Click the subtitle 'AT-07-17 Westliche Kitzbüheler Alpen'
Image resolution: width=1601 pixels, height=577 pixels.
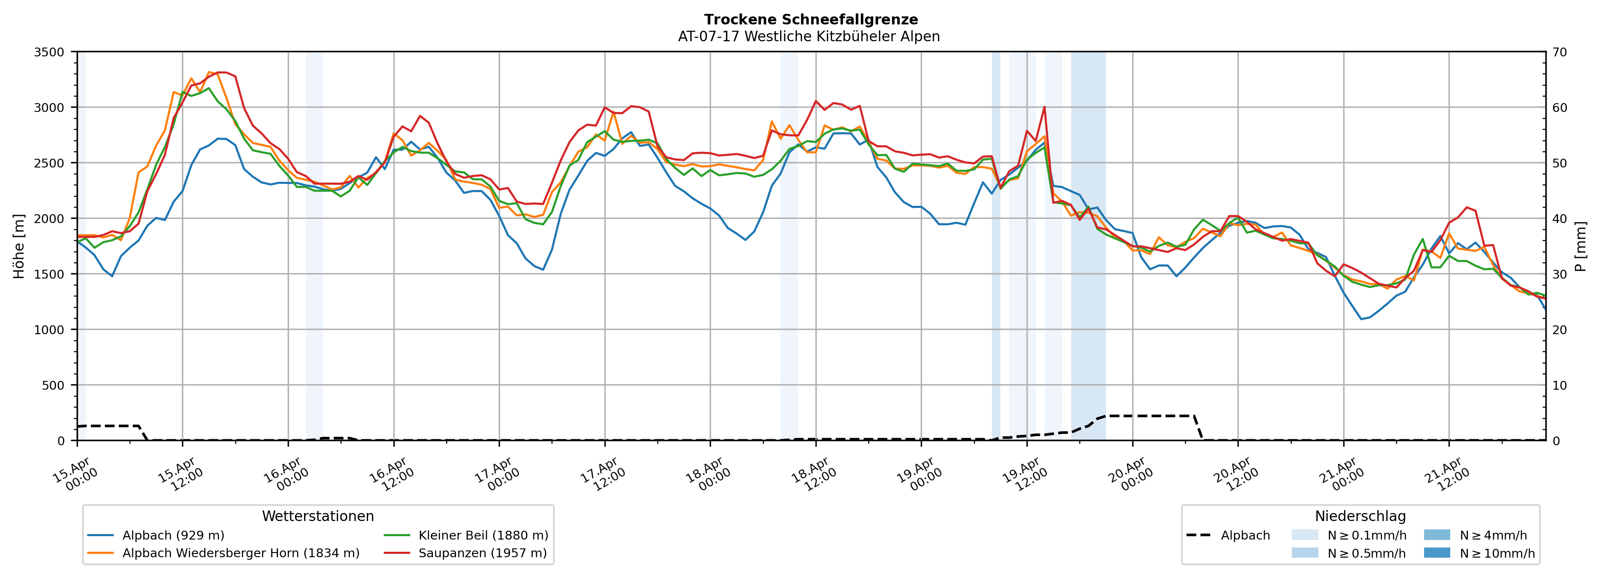click(809, 37)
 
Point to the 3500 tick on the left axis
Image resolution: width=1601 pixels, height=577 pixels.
click(49, 52)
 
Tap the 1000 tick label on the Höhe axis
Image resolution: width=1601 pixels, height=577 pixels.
click(49, 330)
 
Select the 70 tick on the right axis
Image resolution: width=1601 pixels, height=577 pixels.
click(1559, 52)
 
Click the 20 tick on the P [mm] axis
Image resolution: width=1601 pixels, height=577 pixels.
click(1559, 330)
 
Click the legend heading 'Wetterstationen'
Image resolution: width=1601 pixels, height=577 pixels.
click(318, 516)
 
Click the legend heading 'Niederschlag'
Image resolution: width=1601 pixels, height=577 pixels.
click(1360, 516)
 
